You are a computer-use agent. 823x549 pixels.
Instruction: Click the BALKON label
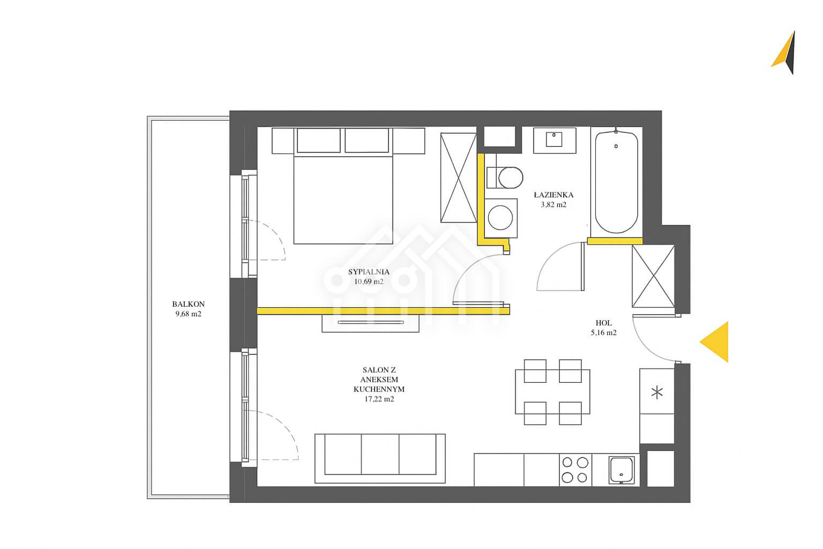tap(188, 304)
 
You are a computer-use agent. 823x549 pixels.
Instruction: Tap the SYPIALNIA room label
tap(369, 272)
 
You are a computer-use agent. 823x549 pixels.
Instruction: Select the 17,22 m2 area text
tap(379, 399)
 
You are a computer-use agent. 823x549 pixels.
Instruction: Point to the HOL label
tap(604, 323)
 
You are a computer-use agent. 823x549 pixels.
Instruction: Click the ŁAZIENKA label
tap(553, 195)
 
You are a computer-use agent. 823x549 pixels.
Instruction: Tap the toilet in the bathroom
tap(504, 177)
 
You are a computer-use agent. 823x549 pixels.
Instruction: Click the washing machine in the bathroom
tap(500, 218)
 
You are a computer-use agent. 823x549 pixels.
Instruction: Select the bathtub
tap(616, 182)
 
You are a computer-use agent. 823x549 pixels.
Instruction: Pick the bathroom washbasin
tap(555, 140)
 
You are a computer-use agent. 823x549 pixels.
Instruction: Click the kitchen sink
tap(622, 470)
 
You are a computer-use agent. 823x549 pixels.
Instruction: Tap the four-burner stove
tap(575, 470)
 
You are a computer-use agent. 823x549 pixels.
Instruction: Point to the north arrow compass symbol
tap(785, 53)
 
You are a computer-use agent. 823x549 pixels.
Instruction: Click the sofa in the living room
tap(380, 458)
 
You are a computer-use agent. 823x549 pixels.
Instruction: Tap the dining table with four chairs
tap(552, 392)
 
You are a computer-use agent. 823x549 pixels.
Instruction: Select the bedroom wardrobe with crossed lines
tap(459, 178)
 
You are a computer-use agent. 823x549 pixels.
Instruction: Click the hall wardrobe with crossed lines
tap(653, 276)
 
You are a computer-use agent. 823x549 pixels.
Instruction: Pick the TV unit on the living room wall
tap(370, 323)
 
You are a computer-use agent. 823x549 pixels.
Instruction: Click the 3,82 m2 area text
tap(553, 205)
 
